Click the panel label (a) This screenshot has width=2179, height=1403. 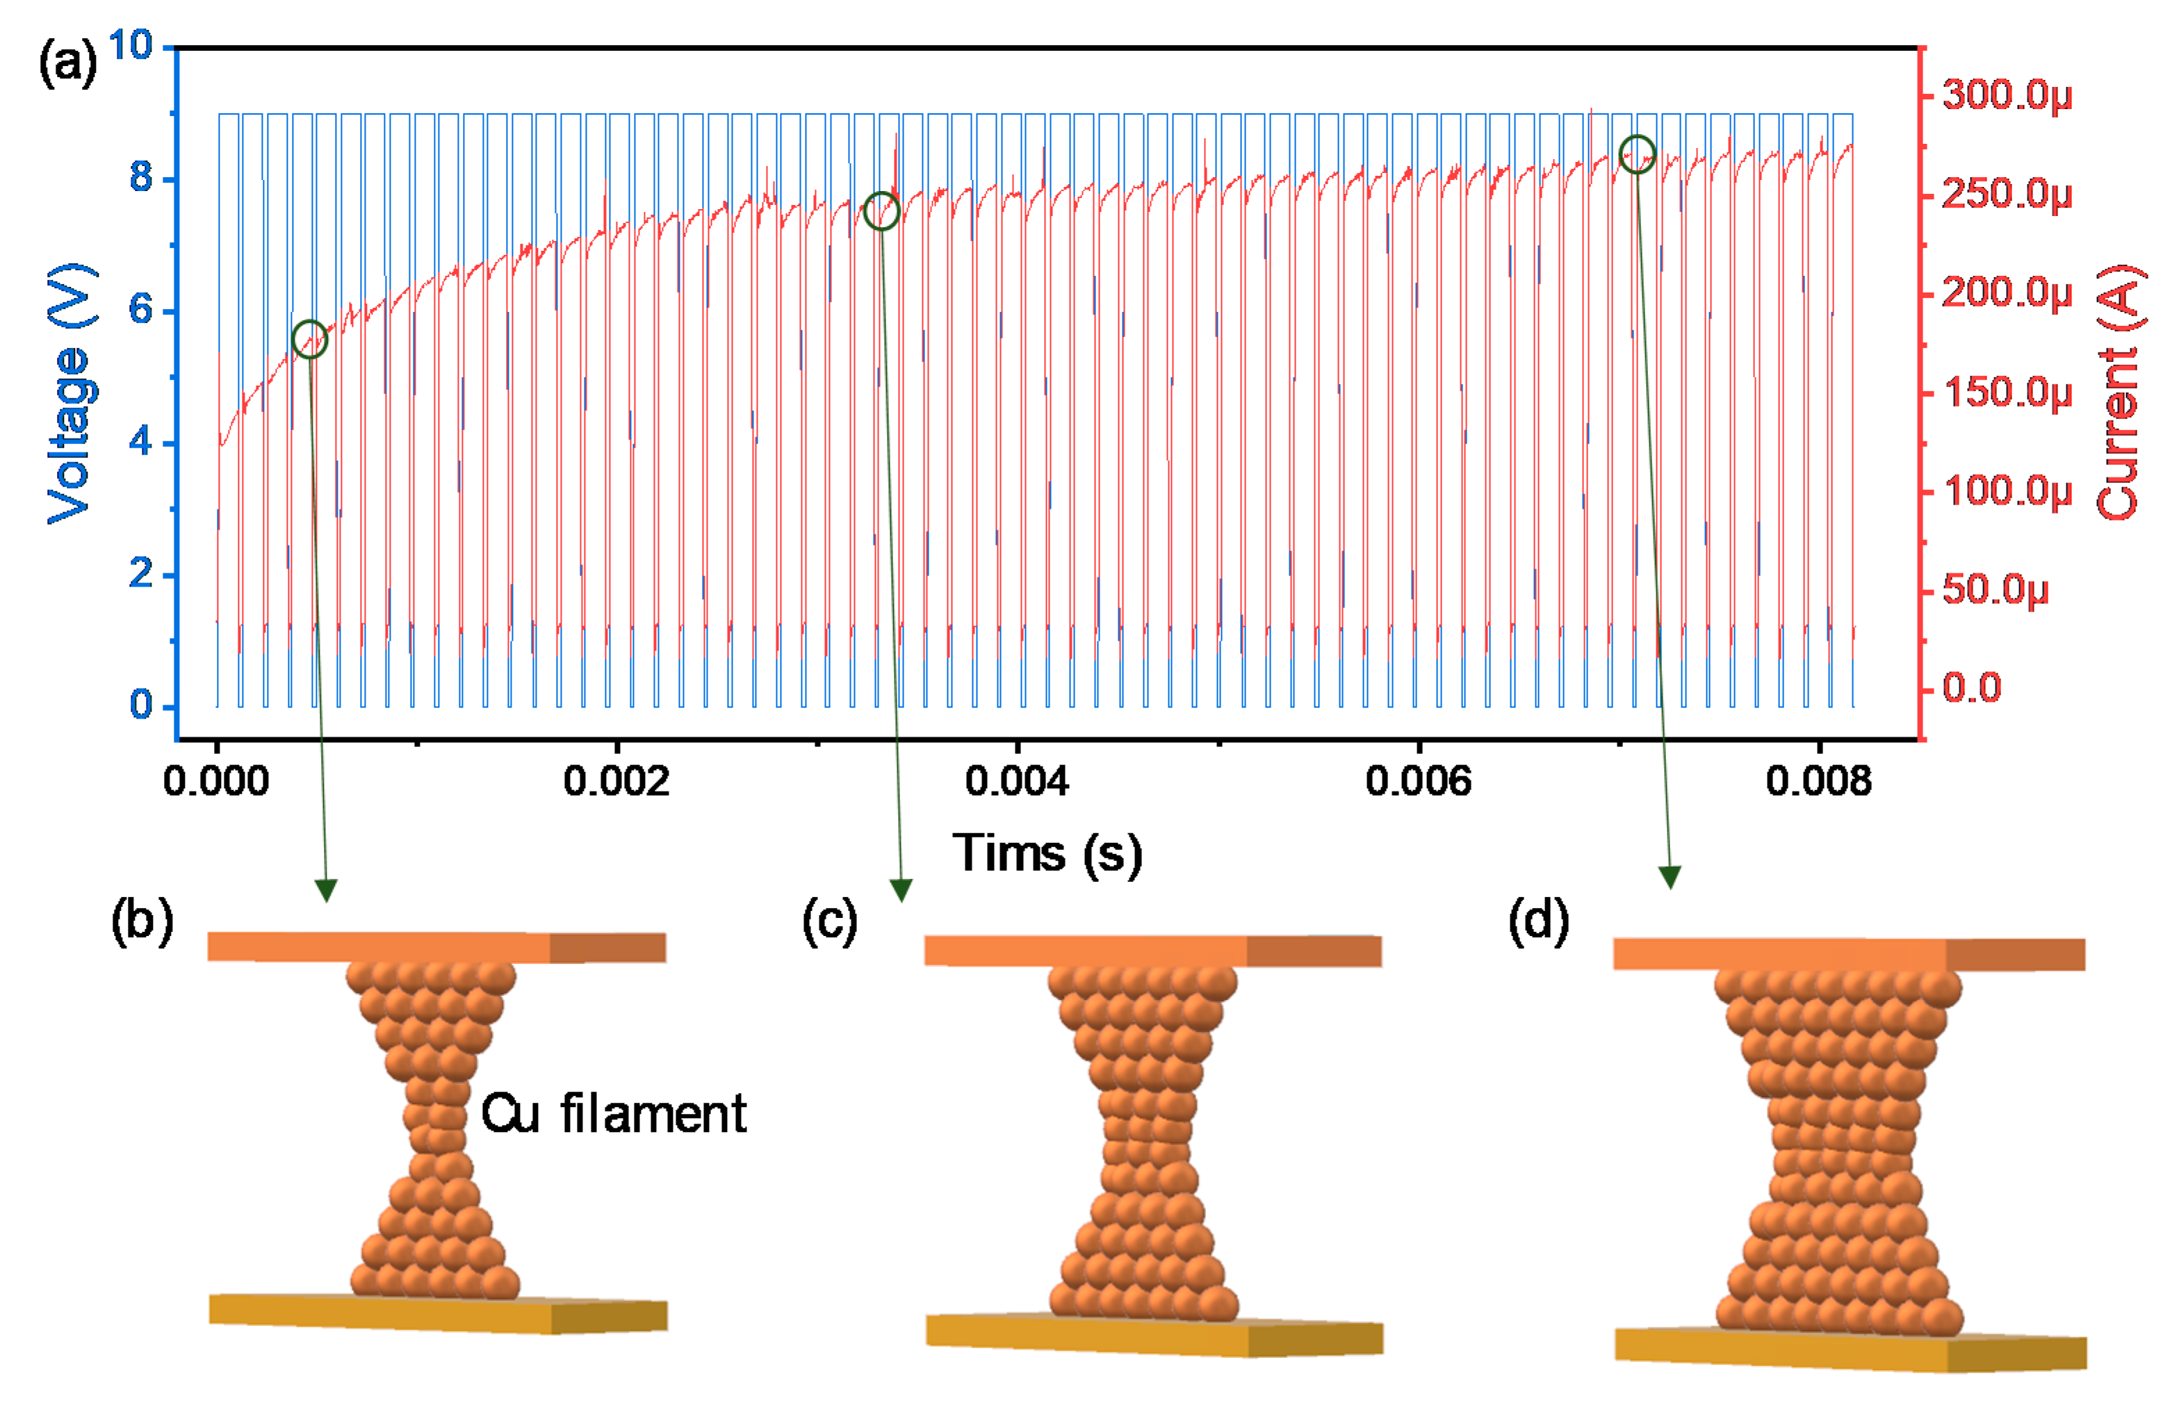pyautogui.click(x=67, y=64)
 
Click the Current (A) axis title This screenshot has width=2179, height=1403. pyautogui.click(x=2119, y=393)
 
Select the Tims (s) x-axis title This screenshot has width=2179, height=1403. pyautogui.click(x=1047, y=853)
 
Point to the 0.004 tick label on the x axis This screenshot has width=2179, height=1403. pyautogui.click(x=1017, y=782)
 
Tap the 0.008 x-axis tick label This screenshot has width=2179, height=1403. pyautogui.click(x=1818, y=782)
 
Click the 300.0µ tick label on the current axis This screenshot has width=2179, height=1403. pyautogui.click(x=2007, y=95)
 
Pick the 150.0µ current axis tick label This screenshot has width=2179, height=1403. pyautogui.click(x=2007, y=393)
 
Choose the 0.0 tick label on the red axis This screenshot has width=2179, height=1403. pyautogui.click(x=1972, y=688)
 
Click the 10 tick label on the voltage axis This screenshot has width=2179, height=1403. pyautogui.click(x=130, y=46)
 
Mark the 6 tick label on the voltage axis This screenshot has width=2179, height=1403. pyautogui.click(x=140, y=310)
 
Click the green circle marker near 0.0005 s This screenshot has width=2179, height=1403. pyautogui.click(x=310, y=339)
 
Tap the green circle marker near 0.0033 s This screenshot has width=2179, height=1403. pyautogui.click(x=881, y=211)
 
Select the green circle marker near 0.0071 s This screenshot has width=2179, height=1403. pyautogui.click(x=1637, y=154)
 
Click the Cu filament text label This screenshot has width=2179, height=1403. pyautogui.click(x=613, y=1113)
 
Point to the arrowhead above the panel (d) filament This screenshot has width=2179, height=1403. pyautogui.click(x=1670, y=876)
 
